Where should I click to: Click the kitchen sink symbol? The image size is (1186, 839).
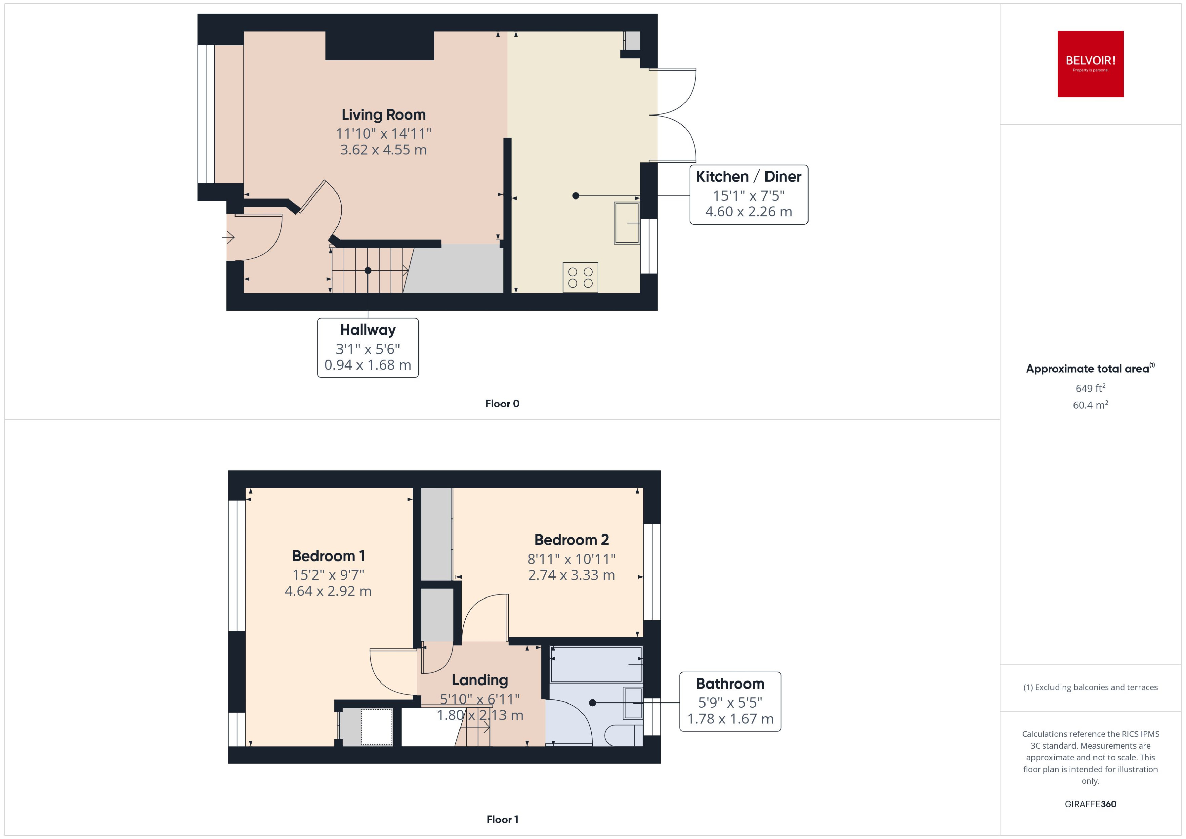(626, 223)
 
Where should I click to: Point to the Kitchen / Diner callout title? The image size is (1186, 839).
(748, 177)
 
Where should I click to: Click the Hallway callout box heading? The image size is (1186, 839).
(367, 330)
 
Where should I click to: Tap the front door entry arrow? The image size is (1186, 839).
(228, 238)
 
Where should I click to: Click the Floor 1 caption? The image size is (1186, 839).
(502, 819)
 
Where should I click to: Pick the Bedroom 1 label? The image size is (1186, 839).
(328, 556)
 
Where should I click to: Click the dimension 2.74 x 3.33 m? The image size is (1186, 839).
(571, 575)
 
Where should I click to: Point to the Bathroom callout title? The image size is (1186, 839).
(730, 684)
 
